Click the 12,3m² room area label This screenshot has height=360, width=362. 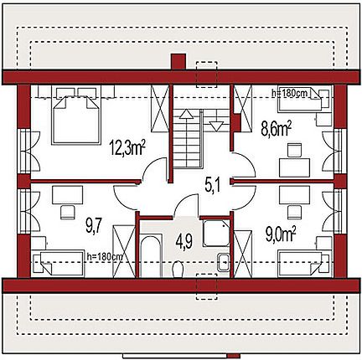[127, 147]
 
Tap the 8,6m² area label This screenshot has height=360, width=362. [276, 129]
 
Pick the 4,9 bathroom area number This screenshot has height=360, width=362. [184, 241]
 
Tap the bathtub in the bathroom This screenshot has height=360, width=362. [151, 256]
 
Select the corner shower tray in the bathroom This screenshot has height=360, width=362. [216, 233]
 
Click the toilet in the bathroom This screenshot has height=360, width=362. [178, 269]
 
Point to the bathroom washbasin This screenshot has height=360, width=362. [224, 262]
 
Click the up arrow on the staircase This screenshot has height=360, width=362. [186, 114]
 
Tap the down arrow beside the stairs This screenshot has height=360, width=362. [216, 126]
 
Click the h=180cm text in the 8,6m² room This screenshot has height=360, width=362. [290, 93]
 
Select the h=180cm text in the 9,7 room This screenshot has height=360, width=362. [105, 256]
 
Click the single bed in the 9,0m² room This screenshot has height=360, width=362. [304, 264]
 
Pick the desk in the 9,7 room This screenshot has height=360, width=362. [67, 195]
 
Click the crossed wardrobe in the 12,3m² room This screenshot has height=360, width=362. [160, 109]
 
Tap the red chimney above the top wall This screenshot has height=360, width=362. [178, 62]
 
